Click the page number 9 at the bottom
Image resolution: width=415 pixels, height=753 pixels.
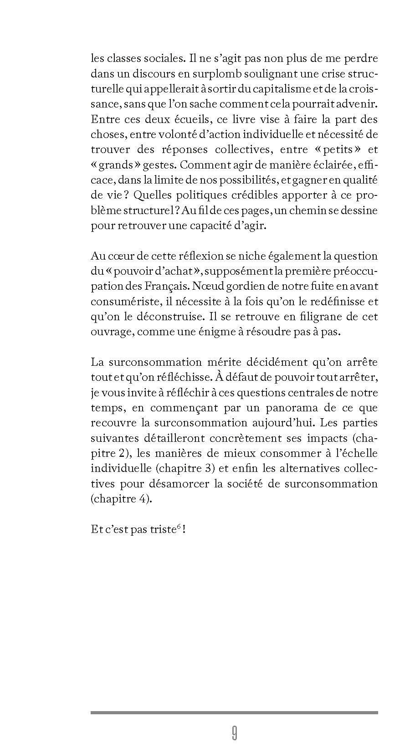(x=234, y=733)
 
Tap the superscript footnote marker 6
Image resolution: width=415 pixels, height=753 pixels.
(x=179, y=527)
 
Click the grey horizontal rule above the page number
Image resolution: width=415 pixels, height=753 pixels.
(x=234, y=712)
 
